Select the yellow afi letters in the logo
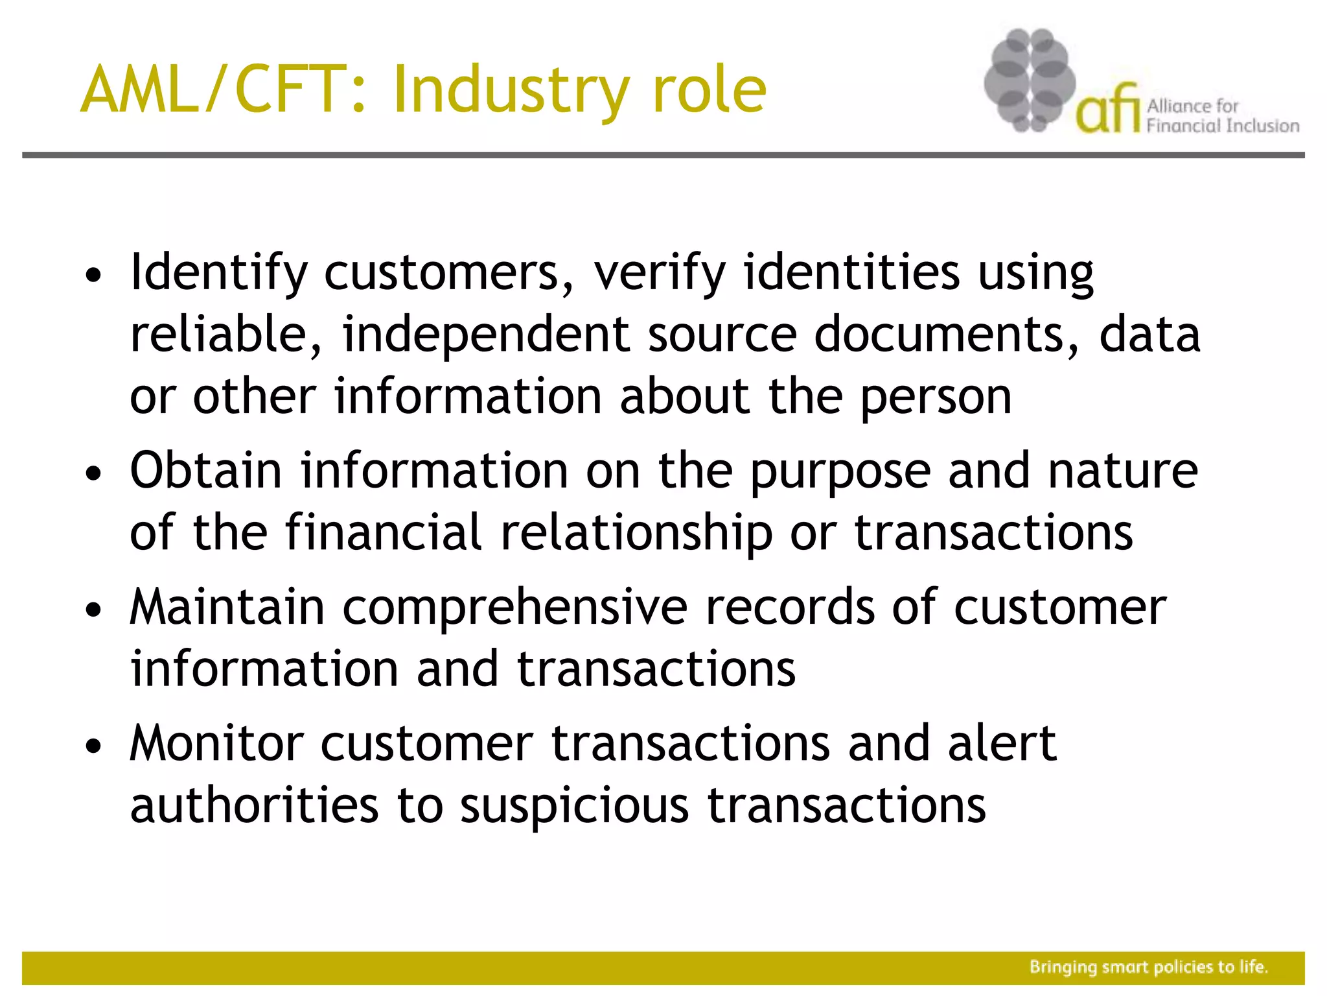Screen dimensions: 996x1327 [1107, 110]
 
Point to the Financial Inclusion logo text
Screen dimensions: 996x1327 [1222, 125]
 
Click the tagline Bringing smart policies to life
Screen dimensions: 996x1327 [1148, 967]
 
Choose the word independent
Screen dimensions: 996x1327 [486, 335]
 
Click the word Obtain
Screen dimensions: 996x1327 [205, 471]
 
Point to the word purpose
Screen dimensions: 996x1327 [840, 472]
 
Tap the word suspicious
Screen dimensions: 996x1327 [574, 807]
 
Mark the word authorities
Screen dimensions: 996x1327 [254, 806]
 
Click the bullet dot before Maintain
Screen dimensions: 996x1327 [94, 610]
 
